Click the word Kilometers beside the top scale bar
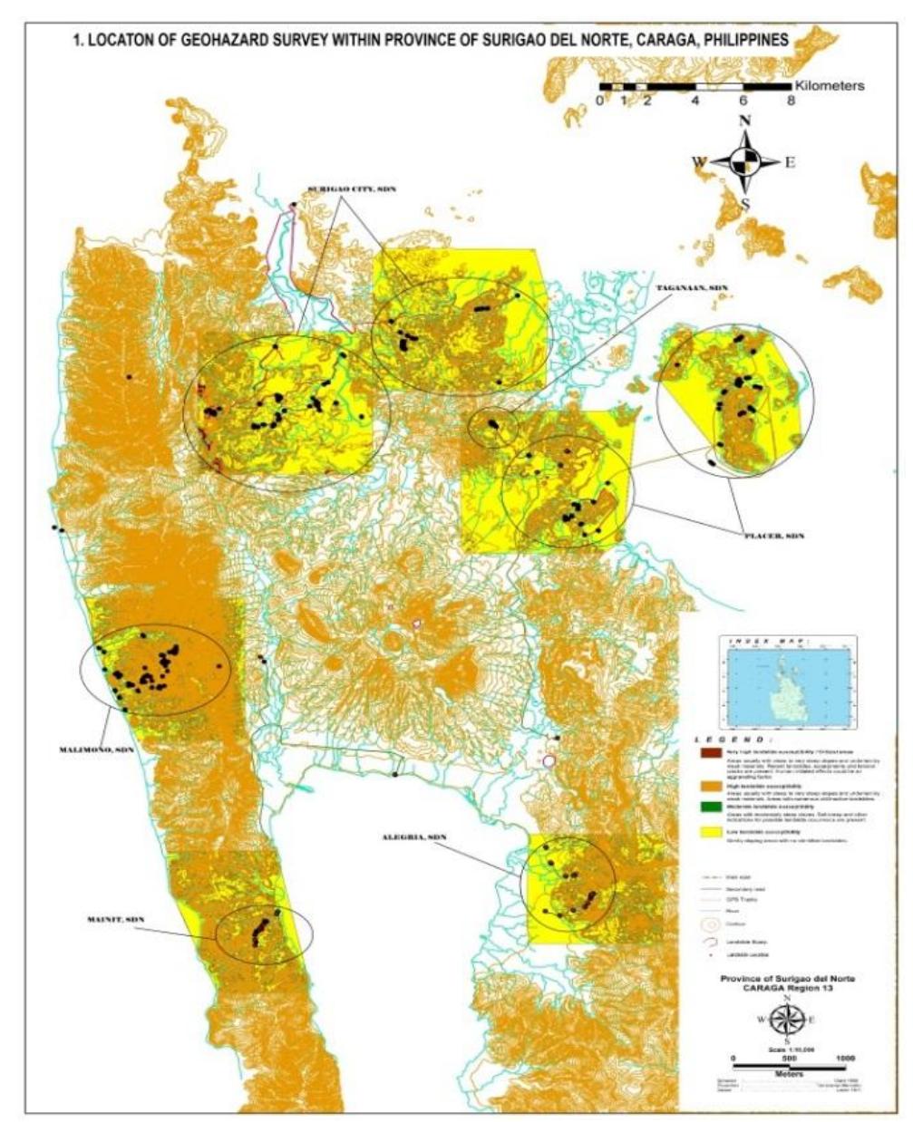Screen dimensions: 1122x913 tap(830, 85)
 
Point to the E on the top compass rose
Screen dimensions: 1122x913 tap(789, 163)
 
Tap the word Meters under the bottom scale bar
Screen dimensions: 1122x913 tap(787, 1074)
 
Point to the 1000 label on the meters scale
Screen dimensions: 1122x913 tap(845, 1058)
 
